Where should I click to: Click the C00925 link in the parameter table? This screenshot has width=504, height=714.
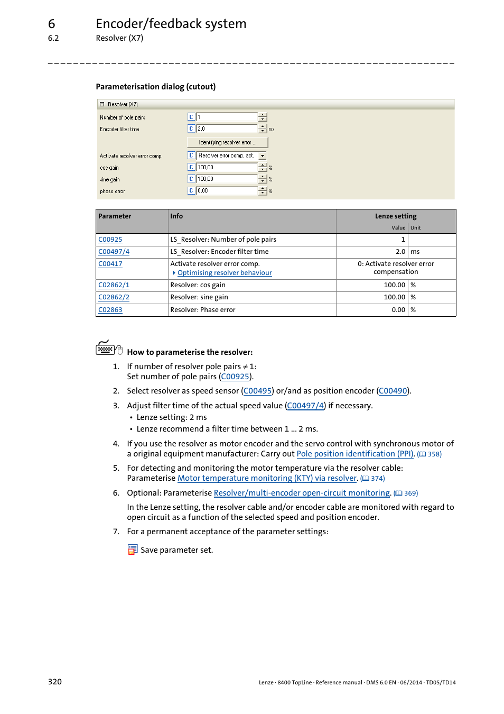[x=110, y=240]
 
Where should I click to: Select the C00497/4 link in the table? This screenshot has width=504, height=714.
[x=114, y=252]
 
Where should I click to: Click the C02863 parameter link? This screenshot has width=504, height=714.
[x=110, y=310]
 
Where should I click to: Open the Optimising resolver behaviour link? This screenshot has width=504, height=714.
[x=225, y=273]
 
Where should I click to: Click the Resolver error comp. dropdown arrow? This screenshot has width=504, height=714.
[x=263, y=156]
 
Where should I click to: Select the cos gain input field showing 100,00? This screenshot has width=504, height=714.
[x=227, y=168]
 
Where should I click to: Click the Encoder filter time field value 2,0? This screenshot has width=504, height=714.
[x=227, y=129]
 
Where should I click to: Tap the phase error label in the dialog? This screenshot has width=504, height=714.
[x=113, y=191]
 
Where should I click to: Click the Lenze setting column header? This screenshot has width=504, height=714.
[x=395, y=216]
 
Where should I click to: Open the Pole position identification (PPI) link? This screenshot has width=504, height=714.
[x=355, y=454]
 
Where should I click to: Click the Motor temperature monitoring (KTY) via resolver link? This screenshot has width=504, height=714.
[x=267, y=478]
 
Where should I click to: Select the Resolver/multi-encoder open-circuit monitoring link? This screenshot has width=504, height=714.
[x=302, y=493]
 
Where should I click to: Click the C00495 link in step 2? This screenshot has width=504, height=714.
[x=257, y=391]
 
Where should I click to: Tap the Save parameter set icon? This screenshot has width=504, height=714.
[x=132, y=550]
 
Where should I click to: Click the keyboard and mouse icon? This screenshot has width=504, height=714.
[x=109, y=348]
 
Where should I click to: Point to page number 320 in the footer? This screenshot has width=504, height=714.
[x=55, y=682]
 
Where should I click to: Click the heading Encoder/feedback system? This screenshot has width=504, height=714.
[x=171, y=24]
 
